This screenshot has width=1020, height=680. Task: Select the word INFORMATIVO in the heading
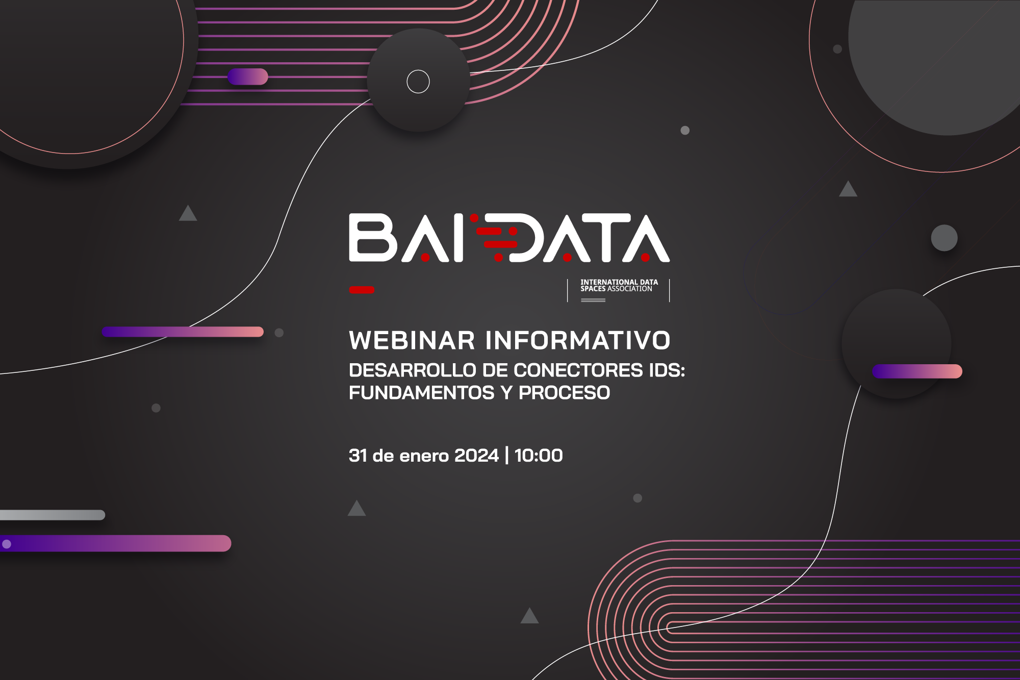point(578,340)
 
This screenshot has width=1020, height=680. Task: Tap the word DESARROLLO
point(412,370)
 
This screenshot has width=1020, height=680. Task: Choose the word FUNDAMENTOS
point(422,393)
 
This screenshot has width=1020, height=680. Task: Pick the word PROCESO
point(564,393)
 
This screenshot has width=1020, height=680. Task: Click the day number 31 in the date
point(358,456)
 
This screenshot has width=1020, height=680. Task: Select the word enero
point(424,456)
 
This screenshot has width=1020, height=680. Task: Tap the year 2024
point(476,456)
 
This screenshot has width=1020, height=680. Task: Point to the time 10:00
point(539,456)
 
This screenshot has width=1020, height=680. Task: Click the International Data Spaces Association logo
point(619,290)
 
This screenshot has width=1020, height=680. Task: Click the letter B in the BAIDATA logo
point(373,238)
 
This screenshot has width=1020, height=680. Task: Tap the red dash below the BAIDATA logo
point(362,290)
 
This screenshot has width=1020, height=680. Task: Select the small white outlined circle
point(418,82)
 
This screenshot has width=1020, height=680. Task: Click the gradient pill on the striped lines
point(248,77)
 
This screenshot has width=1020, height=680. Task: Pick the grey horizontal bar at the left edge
point(53,515)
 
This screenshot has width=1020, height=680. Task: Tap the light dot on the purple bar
point(7,544)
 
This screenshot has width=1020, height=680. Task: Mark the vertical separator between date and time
point(506,456)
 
